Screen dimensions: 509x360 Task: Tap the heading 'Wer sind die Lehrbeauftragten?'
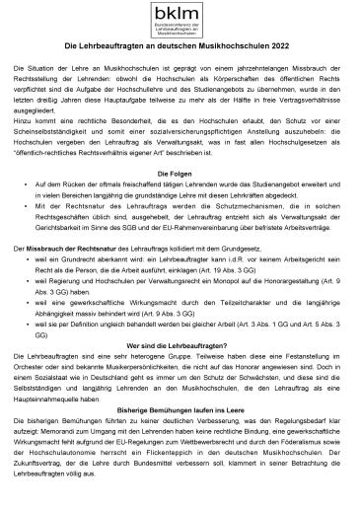click(180, 344)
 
